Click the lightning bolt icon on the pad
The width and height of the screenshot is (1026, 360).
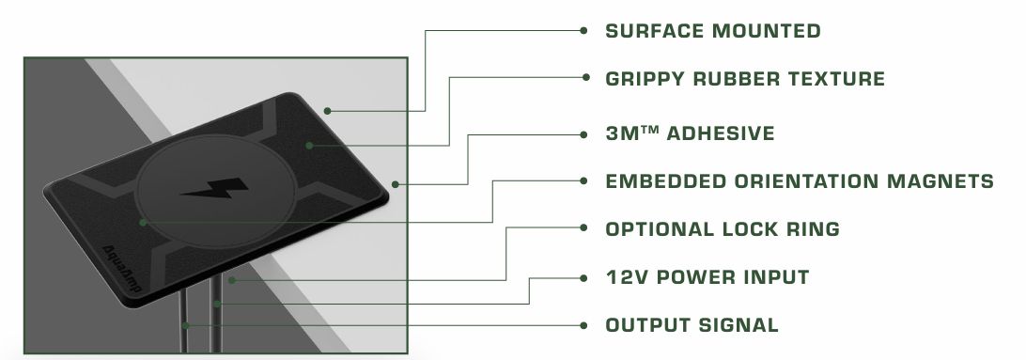point(214,189)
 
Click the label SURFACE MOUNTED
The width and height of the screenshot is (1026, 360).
point(712,31)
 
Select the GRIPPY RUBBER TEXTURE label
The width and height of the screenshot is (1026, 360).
point(745,79)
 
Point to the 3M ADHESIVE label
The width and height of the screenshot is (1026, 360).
point(690,133)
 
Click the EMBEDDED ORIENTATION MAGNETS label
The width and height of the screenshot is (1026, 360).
point(799,181)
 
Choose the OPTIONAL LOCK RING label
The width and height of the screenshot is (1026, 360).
point(723,229)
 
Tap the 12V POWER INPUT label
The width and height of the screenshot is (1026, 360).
point(707,277)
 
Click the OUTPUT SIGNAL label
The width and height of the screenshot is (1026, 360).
point(692,324)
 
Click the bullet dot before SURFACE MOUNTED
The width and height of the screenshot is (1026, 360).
point(583,30)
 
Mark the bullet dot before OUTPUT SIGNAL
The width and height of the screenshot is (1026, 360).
point(583,325)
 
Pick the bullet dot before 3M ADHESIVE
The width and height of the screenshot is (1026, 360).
point(583,134)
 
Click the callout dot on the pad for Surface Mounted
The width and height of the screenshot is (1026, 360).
point(327,111)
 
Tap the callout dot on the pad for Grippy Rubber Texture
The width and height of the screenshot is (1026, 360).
point(309,146)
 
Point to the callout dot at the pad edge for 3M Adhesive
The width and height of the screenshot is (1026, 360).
point(395,184)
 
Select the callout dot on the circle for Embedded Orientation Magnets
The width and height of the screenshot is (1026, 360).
point(143,223)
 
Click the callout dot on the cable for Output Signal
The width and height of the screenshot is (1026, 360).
point(186,325)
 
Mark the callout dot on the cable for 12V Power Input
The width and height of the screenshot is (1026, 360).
point(217,304)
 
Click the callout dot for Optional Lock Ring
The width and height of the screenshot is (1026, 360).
point(232,280)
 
